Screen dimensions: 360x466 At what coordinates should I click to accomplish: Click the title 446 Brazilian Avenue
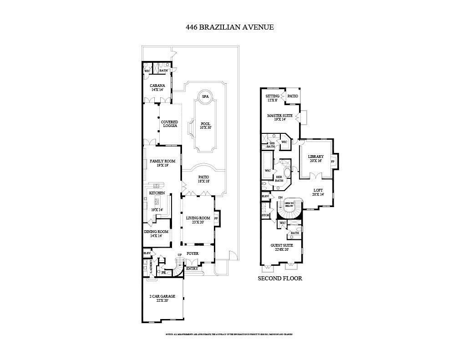[x=229, y=27]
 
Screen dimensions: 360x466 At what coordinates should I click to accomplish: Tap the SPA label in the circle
[x=205, y=97]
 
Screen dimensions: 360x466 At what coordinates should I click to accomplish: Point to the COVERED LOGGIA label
[x=169, y=124]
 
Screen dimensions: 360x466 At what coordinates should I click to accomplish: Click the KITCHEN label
[x=157, y=193]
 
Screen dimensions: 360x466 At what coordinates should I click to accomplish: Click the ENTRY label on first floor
[x=192, y=269]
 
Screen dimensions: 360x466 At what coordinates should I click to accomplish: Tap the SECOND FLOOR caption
[x=280, y=278]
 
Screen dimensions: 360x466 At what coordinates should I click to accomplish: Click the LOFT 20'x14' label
[x=318, y=192]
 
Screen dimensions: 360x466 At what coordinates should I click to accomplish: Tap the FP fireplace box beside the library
[x=333, y=162]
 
